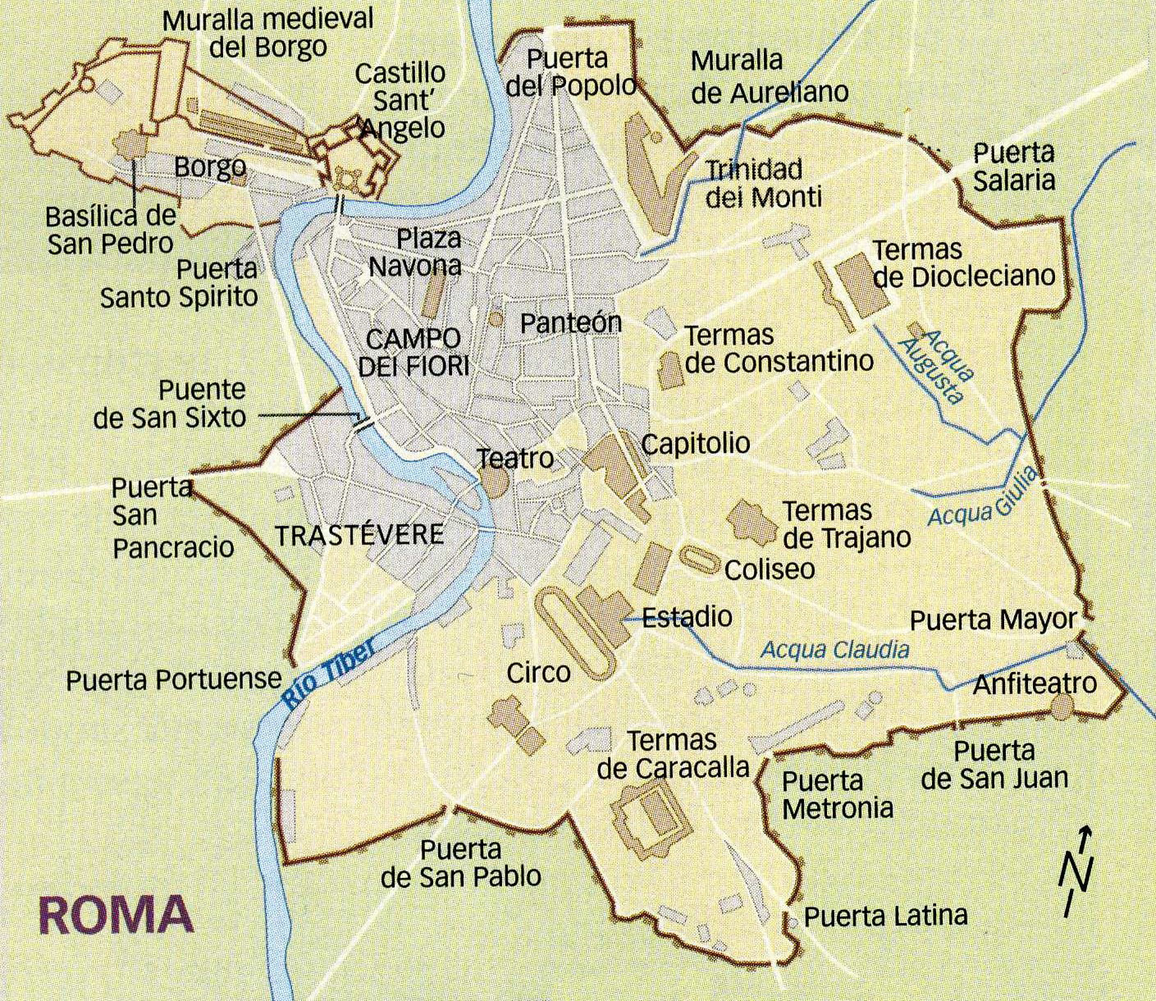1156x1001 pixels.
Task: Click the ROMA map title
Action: [116, 914]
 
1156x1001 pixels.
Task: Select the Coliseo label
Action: [769, 569]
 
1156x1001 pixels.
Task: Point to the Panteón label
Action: [571, 322]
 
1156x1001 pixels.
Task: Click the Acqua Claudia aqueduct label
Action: [834, 650]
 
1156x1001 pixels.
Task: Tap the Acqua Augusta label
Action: [934, 366]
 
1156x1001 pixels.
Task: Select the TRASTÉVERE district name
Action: [359, 536]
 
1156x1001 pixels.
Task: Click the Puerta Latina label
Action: [885, 915]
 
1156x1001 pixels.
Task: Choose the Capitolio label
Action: [695, 444]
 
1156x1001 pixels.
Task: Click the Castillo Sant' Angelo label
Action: [401, 100]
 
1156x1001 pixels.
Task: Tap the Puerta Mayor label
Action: [993, 619]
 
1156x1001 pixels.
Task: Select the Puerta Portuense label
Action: [174, 679]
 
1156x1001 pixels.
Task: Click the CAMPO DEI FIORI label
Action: [414, 352]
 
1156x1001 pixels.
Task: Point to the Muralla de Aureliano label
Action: [769, 76]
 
